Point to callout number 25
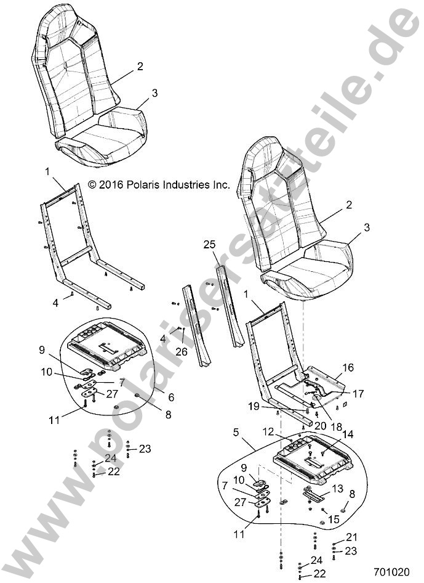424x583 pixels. (x=210, y=244)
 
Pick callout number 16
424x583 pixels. (x=348, y=367)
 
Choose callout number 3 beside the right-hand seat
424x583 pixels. (x=367, y=227)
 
